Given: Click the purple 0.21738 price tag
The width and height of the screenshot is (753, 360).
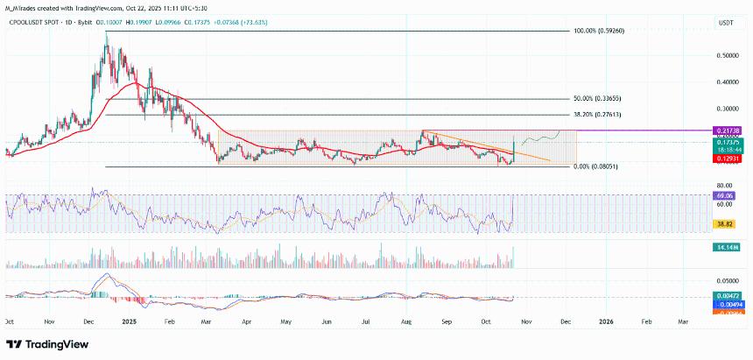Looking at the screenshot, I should pyautogui.click(x=728, y=130).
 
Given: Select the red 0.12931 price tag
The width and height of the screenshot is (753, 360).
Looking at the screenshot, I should pyautogui.click(x=728, y=159).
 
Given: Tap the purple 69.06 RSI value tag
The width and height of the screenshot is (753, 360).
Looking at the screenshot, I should pyautogui.click(x=728, y=198).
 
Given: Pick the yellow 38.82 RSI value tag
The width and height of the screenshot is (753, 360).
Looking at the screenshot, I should pyautogui.click(x=728, y=224).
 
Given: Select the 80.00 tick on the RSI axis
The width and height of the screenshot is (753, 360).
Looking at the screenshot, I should pyautogui.click(x=724, y=186).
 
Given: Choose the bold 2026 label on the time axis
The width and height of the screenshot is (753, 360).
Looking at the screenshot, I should pyautogui.click(x=606, y=322).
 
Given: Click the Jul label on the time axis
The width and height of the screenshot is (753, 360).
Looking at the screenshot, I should pyautogui.click(x=367, y=322).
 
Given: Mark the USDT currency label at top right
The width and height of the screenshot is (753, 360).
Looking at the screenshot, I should pyautogui.click(x=726, y=21).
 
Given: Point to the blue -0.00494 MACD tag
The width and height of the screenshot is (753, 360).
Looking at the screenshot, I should pyautogui.click(x=728, y=303).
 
